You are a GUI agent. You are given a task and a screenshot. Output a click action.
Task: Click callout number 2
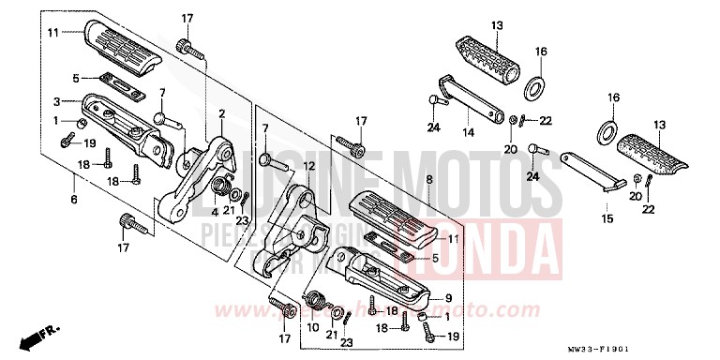click(221, 114)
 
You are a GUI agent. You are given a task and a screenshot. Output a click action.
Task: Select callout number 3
click(56, 100)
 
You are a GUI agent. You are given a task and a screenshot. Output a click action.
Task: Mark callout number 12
click(306, 166)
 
